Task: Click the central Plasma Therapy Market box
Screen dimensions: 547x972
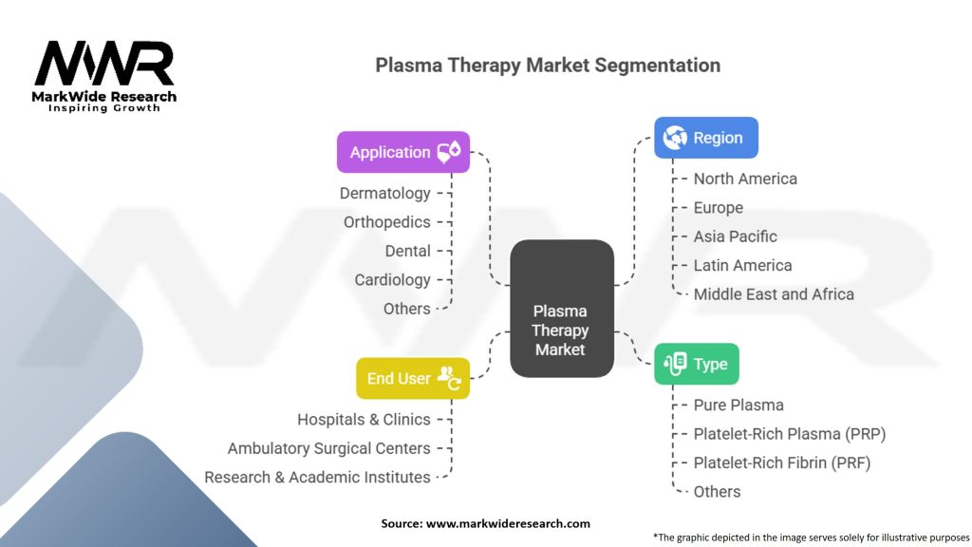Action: [560, 308]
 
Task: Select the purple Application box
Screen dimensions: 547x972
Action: [403, 152]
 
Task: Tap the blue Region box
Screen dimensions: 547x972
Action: [705, 138]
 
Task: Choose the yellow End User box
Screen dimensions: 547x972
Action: [412, 378]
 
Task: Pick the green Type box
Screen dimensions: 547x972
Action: [696, 364]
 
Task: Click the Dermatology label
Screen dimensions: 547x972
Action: [385, 193]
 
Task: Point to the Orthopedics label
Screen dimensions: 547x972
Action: [386, 222]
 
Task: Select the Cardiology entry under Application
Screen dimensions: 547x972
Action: [392, 280]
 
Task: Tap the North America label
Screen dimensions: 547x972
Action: [745, 179]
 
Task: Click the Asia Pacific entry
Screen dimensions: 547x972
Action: [735, 236]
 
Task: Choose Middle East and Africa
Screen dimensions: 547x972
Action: [774, 294]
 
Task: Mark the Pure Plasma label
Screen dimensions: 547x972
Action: [738, 405]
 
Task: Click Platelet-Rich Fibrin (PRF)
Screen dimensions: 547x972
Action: [781, 462]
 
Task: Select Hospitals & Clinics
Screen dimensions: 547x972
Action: [364, 419]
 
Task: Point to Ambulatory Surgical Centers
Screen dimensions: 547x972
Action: [328, 448]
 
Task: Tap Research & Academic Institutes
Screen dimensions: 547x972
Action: [317, 477]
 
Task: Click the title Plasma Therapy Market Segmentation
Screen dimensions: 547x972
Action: [548, 66]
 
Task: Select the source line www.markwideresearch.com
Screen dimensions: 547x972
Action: [485, 523]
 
